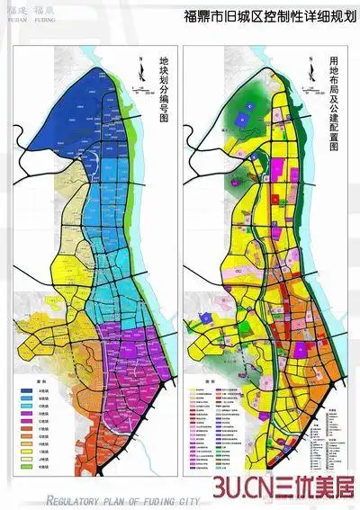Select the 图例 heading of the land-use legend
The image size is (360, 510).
coord(210,380)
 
